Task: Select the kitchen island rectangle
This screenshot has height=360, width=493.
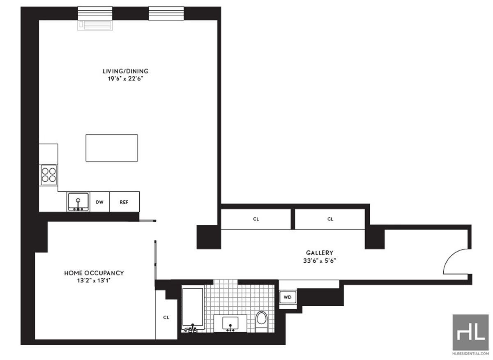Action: click(111, 148)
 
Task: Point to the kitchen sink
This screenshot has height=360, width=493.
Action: click(78, 202)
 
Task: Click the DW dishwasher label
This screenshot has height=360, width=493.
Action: click(99, 202)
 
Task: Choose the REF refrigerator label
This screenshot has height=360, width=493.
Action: click(124, 202)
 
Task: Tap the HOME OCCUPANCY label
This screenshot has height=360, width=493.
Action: click(94, 273)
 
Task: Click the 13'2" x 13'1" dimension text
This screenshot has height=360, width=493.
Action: click(94, 280)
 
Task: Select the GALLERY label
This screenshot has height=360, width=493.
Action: click(319, 253)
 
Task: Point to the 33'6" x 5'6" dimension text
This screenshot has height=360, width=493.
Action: click(319, 260)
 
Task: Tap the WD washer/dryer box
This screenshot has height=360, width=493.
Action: click(287, 297)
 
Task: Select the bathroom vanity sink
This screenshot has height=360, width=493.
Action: click(230, 323)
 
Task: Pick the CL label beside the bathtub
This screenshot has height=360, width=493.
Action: click(166, 317)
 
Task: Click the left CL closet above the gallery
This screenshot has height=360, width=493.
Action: click(256, 219)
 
